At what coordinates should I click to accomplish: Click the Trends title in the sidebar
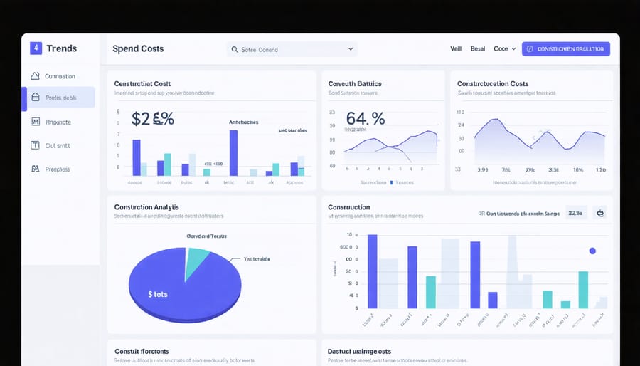tap(61, 48)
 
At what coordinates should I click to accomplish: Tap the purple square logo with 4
tap(36, 48)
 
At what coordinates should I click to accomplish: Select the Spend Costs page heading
tap(138, 48)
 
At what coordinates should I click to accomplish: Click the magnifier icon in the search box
tap(234, 50)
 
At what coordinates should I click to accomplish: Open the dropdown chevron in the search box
tap(351, 49)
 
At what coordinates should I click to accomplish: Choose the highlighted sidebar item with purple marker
tap(60, 98)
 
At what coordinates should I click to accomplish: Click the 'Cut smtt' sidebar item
tap(57, 145)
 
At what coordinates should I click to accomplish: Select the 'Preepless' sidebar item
tap(57, 169)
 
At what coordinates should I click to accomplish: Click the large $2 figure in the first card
tap(152, 118)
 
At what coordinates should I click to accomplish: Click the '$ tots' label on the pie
tap(158, 294)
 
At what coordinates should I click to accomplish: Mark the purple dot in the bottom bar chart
tap(592, 251)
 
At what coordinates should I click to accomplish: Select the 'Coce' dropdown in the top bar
tap(504, 49)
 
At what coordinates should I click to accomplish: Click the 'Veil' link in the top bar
tap(456, 49)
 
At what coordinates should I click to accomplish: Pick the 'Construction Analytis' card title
tap(146, 207)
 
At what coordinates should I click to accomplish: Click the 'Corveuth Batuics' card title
tap(355, 83)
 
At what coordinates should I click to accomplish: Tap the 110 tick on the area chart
tap(460, 113)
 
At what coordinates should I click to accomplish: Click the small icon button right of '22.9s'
tap(599, 213)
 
